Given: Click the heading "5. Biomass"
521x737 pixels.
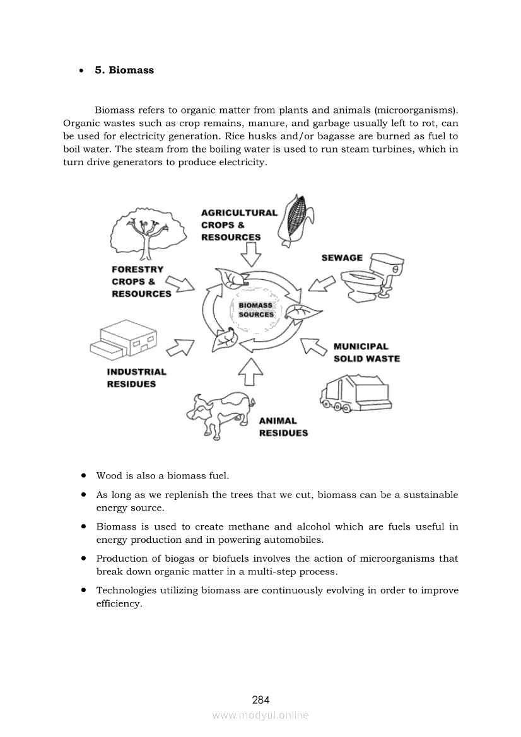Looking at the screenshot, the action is [x=124, y=70].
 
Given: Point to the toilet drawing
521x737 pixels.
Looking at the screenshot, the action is [x=373, y=277].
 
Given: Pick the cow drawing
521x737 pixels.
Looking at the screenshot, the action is [x=221, y=414].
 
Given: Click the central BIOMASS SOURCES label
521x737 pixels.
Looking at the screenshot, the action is [x=256, y=310].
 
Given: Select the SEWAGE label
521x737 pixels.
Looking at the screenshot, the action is [x=342, y=258].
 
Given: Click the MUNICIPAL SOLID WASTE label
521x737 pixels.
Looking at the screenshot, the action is [x=366, y=352].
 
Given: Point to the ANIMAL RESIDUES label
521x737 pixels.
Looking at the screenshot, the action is [x=284, y=427].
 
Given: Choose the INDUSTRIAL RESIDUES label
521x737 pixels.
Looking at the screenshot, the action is [x=137, y=378].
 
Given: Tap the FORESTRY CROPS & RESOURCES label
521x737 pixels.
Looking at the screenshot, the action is [x=141, y=282].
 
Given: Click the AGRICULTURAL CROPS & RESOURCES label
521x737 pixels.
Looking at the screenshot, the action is [x=239, y=225].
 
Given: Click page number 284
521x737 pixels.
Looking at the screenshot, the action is [x=260, y=700].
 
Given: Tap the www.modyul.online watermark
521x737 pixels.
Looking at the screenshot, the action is [x=260, y=716].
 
